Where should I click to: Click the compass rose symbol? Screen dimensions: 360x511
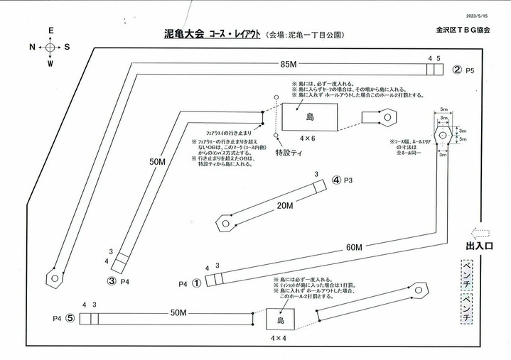pyautogui.click(x=50, y=48)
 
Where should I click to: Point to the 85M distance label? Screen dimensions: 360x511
pyautogui.click(x=288, y=65)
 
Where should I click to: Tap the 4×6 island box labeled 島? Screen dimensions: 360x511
pyautogui.click(x=309, y=117)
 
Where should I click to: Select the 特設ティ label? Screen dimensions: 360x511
pyautogui.click(x=289, y=152)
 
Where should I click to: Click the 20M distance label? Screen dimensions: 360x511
pyautogui.click(x=285, y=206)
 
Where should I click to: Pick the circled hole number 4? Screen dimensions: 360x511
pyautogui.click(x=337, y=180)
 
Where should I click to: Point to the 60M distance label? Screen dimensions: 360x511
pyautogui.click(x=354, y=247)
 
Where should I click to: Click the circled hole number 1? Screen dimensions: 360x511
pyautogui.click(x=197, y=283)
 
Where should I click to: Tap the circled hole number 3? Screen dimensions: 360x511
pyautogui.click(x=112, y=281)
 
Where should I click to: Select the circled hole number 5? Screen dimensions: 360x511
pyautogui.click(x=70, y=319)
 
